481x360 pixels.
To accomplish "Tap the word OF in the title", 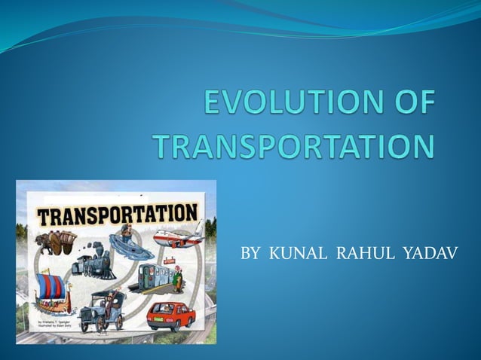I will (410, 105).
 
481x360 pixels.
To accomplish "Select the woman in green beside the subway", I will (178, 279).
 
